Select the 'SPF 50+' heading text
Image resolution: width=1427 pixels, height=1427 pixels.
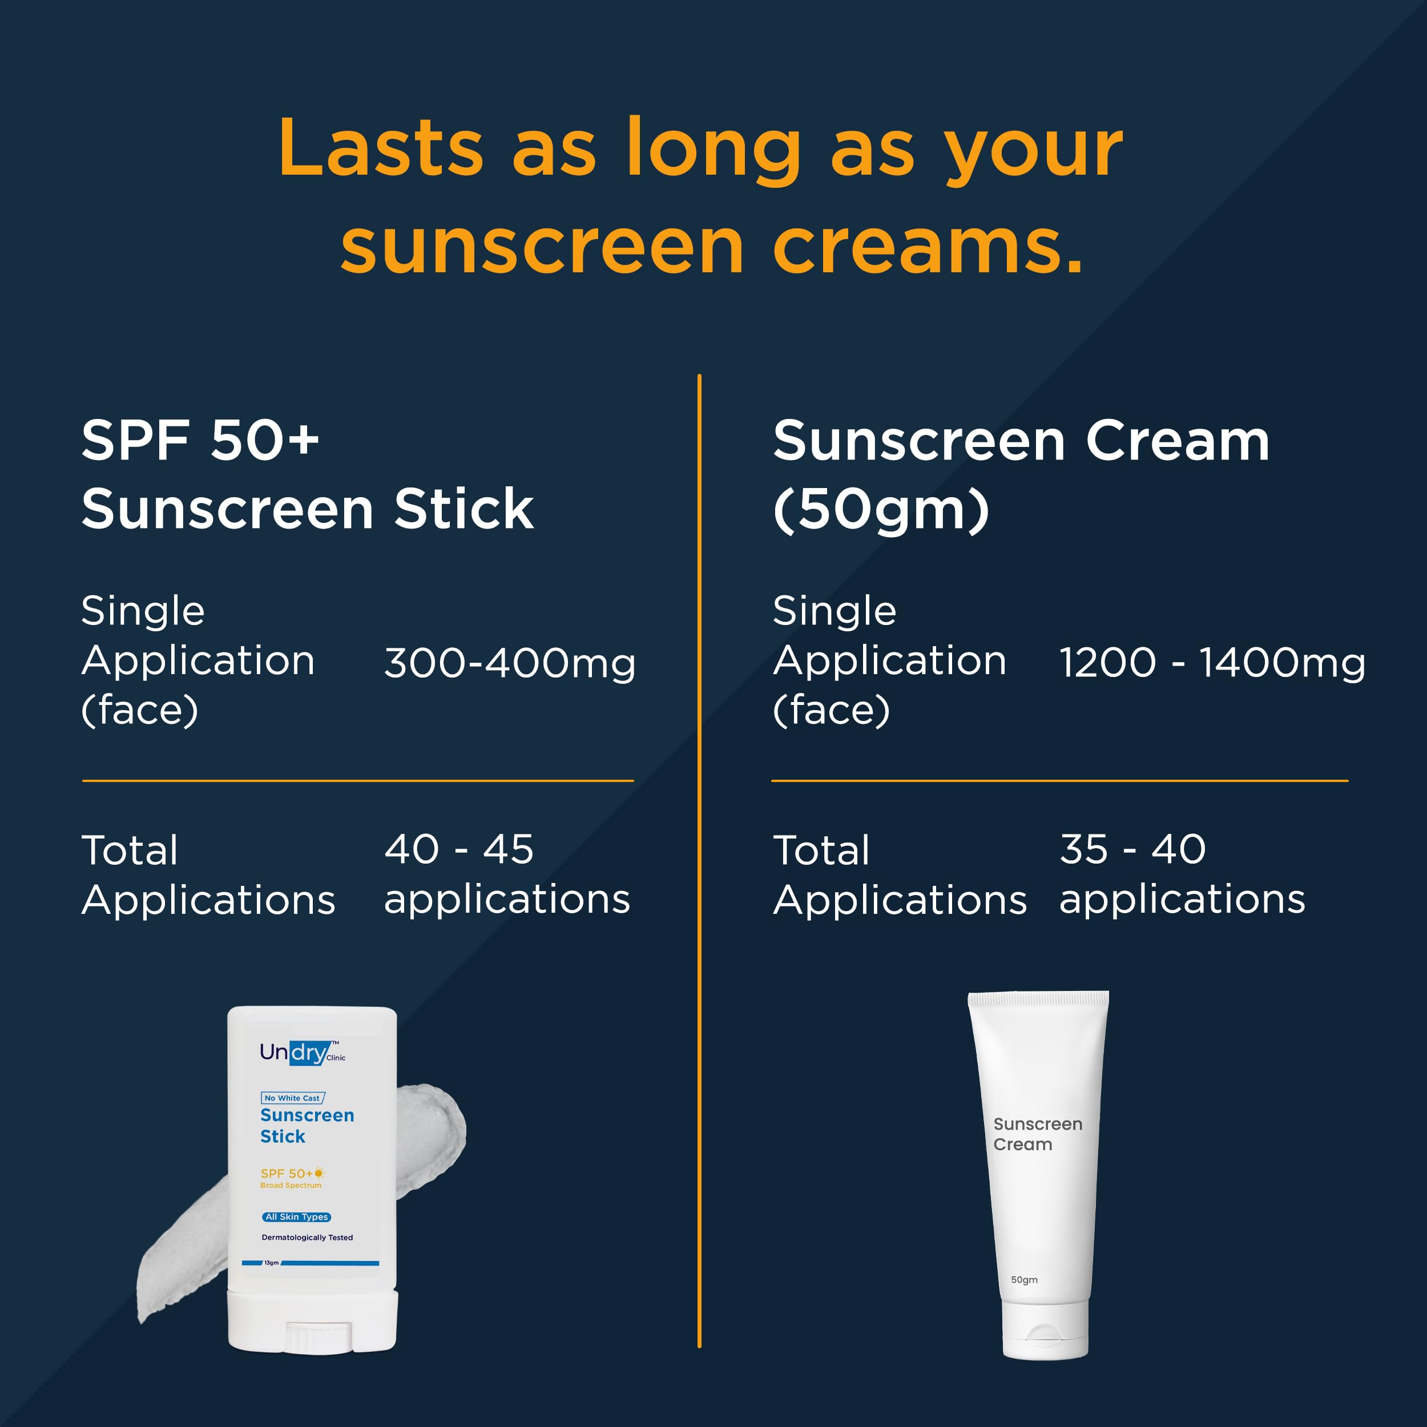[200, 440]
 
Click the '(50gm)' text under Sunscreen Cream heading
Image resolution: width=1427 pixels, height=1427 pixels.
[881, 510]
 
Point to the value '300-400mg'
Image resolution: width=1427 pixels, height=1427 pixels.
[510, 663]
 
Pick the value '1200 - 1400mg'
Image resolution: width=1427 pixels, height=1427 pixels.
[1212, 663]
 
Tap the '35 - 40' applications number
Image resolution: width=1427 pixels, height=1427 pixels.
[1133, 849]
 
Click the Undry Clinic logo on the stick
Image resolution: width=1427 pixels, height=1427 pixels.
[302, 1053]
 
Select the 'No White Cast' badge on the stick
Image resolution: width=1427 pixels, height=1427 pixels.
[292, 1098]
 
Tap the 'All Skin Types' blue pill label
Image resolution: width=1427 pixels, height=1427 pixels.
[297, 1216]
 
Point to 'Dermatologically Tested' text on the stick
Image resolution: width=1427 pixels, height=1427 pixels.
[307, 1237]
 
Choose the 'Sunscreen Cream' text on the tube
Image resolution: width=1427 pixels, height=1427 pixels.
[1038, 1134]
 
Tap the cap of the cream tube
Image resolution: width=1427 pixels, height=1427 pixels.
[1045, 1329]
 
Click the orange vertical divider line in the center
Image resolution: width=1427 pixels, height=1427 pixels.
[699, 861]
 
